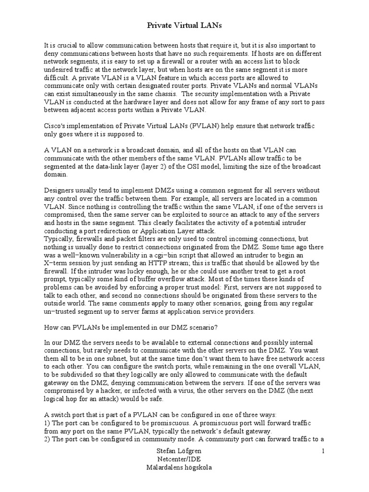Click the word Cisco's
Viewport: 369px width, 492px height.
56,125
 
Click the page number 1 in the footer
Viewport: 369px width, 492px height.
323,451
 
